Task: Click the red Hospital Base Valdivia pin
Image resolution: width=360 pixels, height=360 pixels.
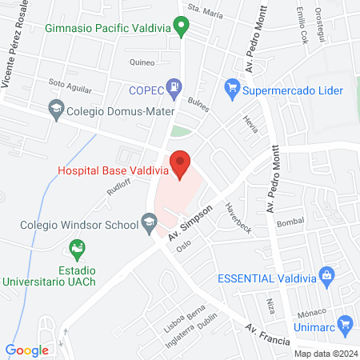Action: tap(181, 163)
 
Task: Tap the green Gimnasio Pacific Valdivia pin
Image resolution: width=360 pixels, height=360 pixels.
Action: tap(182, 29)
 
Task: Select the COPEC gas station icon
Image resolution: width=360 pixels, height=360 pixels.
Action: tap(173, 86)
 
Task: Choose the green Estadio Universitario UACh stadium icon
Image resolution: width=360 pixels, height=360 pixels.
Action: tap(77, 249)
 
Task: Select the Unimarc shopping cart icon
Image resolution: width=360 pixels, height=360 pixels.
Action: tap(346, 323)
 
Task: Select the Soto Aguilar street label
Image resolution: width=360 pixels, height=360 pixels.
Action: tap(67, 82)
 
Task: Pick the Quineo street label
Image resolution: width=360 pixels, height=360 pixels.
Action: tap(141, 61)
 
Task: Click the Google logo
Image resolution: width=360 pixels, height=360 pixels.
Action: tap(27, 350)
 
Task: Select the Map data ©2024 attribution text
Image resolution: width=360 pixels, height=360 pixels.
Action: tap(326, 354)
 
